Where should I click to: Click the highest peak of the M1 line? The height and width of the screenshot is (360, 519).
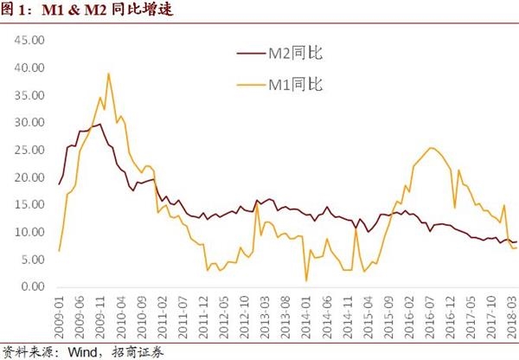tap(108, 74)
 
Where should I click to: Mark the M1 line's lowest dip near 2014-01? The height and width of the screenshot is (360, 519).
tap(306, 280)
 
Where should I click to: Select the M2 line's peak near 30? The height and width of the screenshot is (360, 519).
tap(100, 124)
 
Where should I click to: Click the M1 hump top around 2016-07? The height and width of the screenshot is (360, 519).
tap(431, 148)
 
